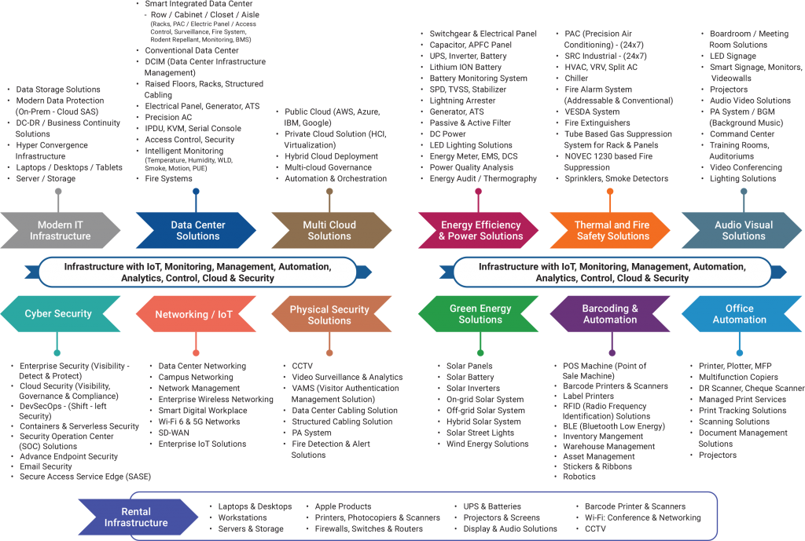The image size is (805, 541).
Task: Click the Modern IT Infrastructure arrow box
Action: point(61,230)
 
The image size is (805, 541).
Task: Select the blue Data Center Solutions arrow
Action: point(197,230)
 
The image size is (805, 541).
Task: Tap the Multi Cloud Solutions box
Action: point(329,230)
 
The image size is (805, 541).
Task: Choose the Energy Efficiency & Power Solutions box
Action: point(480,230)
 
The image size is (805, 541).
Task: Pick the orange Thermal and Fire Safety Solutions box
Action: point(612,230)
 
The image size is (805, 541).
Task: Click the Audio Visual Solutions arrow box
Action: point(743,230)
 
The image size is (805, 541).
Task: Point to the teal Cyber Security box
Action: point(58,313)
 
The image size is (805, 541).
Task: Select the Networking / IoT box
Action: point(193,314)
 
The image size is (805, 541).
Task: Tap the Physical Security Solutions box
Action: point(329,314)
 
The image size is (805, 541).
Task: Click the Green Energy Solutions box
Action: point(480,313)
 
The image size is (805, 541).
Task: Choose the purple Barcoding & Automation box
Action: point(610,313)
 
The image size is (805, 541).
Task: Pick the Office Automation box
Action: point(739,313)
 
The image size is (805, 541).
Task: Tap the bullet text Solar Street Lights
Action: point(480,433)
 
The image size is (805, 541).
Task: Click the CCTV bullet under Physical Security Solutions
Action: point(303,366)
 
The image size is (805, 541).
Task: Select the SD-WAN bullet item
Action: point(175,433)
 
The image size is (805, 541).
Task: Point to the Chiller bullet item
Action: point(576,79)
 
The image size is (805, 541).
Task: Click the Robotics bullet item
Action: point(579,477)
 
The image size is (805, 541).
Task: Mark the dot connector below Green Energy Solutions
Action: point(481,353)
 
